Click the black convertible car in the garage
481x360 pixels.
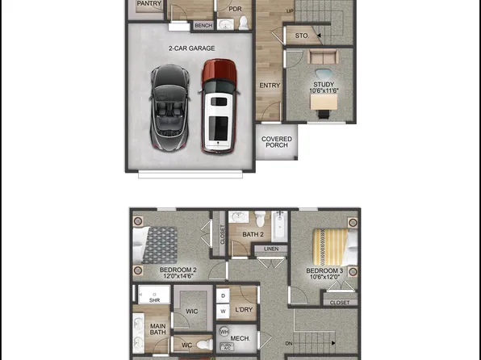[x=169, y=108]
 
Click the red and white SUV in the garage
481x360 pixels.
[x=218, y=106]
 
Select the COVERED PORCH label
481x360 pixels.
[x=277, y=142]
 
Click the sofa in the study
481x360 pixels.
[x=323, y=58]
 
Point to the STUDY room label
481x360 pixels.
[x=323, y=84]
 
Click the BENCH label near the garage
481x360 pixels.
[x=203, y=26]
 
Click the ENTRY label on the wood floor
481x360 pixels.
[x=270, y=85]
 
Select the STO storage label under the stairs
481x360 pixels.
[x=302, y=36]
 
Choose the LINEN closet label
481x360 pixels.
[x=270, y=249]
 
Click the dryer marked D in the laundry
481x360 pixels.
[x=224, y=296]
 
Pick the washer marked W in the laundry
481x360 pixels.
[x=224, y=311]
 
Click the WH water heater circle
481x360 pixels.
[x=224, y=331]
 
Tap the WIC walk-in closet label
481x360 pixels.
[x=191, y=310]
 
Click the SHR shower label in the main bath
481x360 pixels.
[x=154, y=300]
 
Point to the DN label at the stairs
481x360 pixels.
[x=289, y=343]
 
